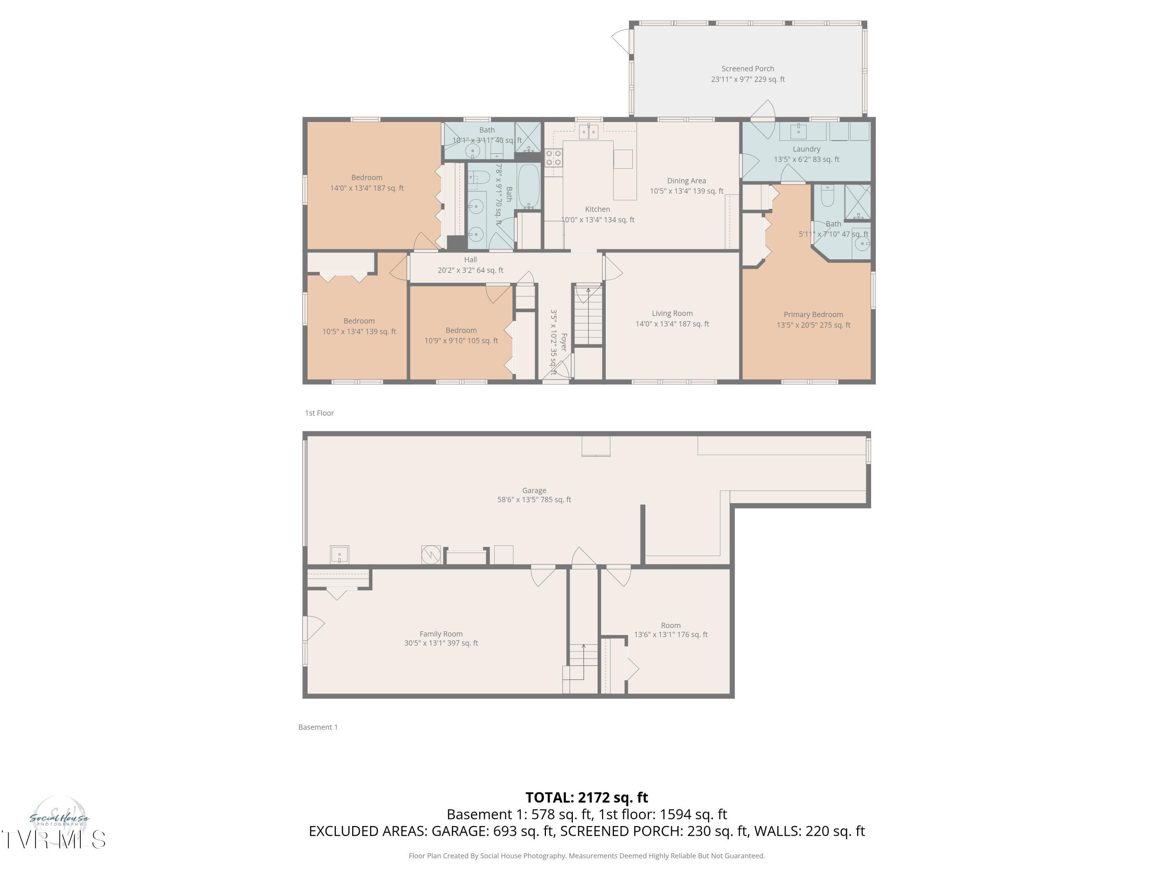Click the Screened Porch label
[x=747, y=68]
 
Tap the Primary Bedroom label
[x=813, y=314]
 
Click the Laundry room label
[x=806, y=149]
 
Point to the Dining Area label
[x=686, y=181]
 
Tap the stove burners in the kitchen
[x=553, y=158]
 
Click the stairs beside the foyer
[x=588, y=316]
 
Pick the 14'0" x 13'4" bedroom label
[x=367, y=183]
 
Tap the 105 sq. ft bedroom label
[x=461, y=335]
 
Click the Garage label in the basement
[x=534, y=491]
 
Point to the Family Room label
[x=441, y=634]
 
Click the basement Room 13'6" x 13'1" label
[x=670, y=630]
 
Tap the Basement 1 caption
[x=317, y=727]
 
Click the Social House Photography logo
[x=59, y=819]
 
